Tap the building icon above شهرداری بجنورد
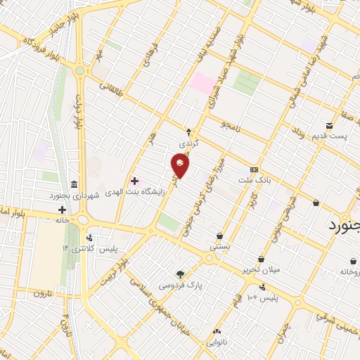75,183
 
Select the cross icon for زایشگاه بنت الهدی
134,181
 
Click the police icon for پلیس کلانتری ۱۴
89,238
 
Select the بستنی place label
219,247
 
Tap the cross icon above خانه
62,210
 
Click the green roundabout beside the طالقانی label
80,70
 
